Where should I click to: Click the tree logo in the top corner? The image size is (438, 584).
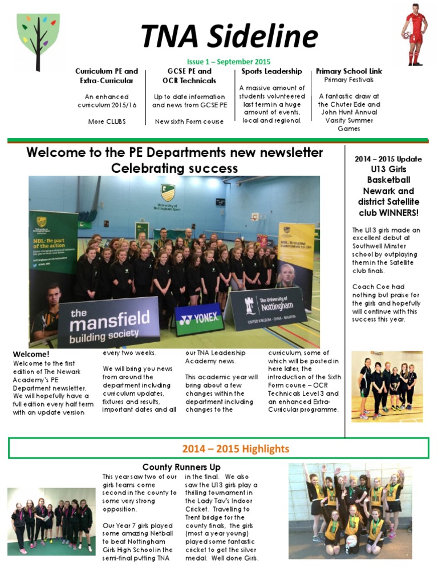click(38, 42)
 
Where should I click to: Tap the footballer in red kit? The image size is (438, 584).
click(416, 35)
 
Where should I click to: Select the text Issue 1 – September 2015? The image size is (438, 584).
click(229, 62)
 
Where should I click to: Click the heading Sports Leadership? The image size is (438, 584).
click(271, 71)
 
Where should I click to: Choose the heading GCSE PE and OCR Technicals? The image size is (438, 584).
click(189, 76)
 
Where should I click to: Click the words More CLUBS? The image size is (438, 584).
click(107, 121)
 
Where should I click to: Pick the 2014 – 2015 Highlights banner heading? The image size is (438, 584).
click(236, 449)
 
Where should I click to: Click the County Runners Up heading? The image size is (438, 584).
click(181, 467)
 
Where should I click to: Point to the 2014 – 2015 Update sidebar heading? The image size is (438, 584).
click(388, 159)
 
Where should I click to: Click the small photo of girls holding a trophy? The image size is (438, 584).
click(387, 386)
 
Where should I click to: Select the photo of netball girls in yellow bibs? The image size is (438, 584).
click(350, 510)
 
